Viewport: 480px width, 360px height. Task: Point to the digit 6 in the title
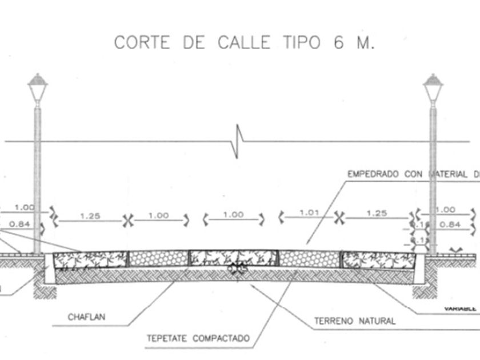click(x=339, y=43)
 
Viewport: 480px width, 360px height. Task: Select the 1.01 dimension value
click(x=309, y=213)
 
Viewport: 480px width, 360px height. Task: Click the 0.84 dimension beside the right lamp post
click(x=450, y=224)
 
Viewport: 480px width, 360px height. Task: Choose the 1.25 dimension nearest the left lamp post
click(x=90, y=215)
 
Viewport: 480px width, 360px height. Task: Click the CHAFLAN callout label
click(x=86, y=317)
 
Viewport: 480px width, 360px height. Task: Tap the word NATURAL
click(x=378, y=321)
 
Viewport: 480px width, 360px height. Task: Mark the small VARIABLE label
click(x=460, y=308)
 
